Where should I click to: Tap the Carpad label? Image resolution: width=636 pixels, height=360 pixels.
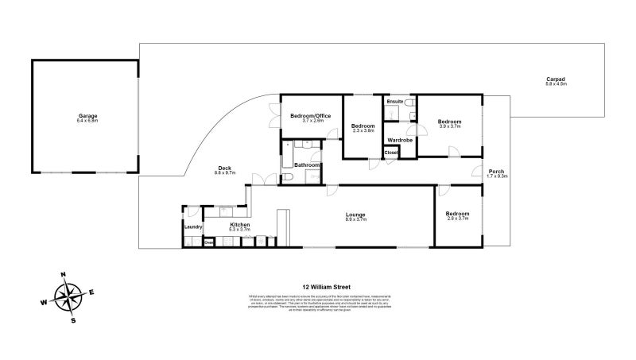click(x=556, y=79)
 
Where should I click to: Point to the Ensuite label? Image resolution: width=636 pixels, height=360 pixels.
click(x=394, y=103)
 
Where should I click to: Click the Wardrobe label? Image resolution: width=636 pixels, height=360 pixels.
click(x=400, y=140)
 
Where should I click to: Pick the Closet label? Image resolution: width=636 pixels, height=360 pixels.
click(x=391, y=153)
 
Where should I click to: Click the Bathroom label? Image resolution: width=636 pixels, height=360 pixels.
click(x=307, y=165)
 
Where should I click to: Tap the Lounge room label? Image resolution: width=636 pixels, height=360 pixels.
click(x=355, y=215)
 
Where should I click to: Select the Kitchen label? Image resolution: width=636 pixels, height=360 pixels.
click(x=240, y=226)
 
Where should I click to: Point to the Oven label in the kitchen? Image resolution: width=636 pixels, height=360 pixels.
click(x=208, y=243)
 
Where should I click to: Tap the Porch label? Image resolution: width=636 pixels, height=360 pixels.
click(x=496, y=172)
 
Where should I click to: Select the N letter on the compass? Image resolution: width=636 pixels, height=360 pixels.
click(x=63, y=276)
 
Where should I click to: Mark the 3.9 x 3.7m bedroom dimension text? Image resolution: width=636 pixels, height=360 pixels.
click(x=449, y=126)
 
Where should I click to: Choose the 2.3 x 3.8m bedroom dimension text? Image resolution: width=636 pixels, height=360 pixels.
click(x=363, y=131)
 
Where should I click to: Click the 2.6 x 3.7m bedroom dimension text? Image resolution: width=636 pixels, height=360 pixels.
click(x=456, y=219)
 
